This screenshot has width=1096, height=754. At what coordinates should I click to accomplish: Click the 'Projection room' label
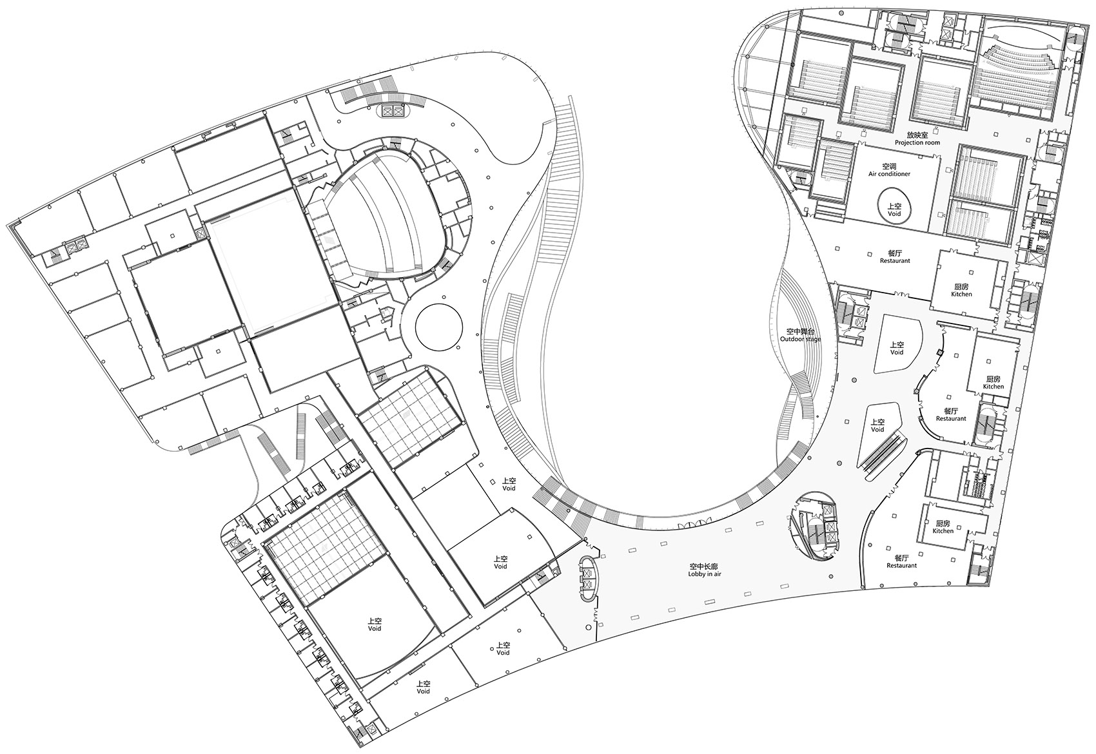917,143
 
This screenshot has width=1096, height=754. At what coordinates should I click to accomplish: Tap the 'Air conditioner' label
889,174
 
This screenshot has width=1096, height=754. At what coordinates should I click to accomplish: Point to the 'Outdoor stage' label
801,339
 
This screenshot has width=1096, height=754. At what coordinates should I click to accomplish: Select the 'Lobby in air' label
705,574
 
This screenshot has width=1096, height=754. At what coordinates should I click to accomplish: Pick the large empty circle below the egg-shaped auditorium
439,327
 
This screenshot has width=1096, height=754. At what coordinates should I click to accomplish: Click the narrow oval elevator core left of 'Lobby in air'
587,579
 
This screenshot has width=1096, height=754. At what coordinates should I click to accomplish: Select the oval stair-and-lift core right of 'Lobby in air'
813,526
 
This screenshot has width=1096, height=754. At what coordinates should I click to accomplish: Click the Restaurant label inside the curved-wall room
951,418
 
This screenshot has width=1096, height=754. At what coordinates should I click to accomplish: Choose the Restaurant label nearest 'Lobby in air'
901,565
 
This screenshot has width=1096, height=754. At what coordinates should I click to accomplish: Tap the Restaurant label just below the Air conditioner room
895,260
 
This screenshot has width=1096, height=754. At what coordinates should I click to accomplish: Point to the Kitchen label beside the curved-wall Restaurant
993,386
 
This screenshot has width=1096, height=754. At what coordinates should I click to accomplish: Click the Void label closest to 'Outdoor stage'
897,352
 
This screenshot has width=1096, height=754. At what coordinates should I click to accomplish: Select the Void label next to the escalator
877,429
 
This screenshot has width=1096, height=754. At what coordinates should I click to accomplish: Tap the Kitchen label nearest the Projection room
961,295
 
